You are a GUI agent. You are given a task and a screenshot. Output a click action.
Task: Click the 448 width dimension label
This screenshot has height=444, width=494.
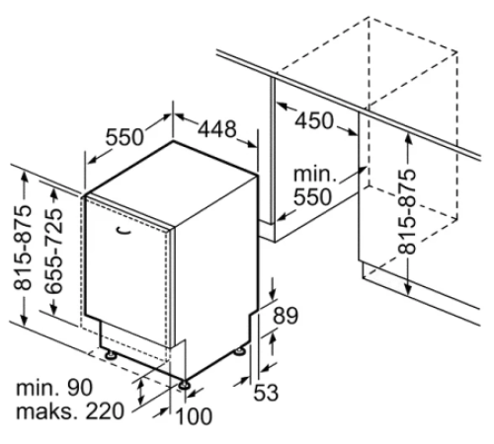(x=217, y=129)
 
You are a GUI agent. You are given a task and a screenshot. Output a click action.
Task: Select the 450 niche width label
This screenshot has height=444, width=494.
(x=314, y=120)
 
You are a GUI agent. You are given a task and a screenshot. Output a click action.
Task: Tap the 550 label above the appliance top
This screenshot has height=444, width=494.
(x=124, y=137)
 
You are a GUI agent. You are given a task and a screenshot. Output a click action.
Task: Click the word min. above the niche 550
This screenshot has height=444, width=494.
(x=315, y=175)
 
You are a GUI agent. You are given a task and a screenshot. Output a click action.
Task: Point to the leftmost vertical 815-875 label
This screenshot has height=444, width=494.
(x=23, y=249)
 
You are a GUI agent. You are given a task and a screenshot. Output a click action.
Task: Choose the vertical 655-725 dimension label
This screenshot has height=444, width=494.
(x=53, y=251)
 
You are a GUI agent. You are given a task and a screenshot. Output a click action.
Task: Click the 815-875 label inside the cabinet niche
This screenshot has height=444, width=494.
(x=407, y=212)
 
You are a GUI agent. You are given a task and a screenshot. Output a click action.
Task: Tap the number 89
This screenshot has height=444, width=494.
(x=286, y=316)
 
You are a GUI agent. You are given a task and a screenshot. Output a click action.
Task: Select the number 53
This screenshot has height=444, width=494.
(x=266, y=392)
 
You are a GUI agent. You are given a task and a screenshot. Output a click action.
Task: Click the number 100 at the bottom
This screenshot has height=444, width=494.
(x=195, y=416)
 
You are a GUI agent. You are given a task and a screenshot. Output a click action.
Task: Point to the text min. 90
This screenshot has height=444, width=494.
(x=54, y=388)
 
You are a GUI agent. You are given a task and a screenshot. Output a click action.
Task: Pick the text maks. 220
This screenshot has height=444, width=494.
(x=70, y=411)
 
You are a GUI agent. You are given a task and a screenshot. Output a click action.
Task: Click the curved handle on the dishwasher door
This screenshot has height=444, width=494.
(x=124, y=232)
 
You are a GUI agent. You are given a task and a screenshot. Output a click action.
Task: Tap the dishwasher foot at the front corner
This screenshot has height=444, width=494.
(x=184, y=384)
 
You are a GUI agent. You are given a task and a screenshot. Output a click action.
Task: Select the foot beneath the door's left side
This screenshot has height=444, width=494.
(x=111, y=354)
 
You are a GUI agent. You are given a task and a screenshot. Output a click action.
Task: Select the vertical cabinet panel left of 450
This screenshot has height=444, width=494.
(x=273, y=151)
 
